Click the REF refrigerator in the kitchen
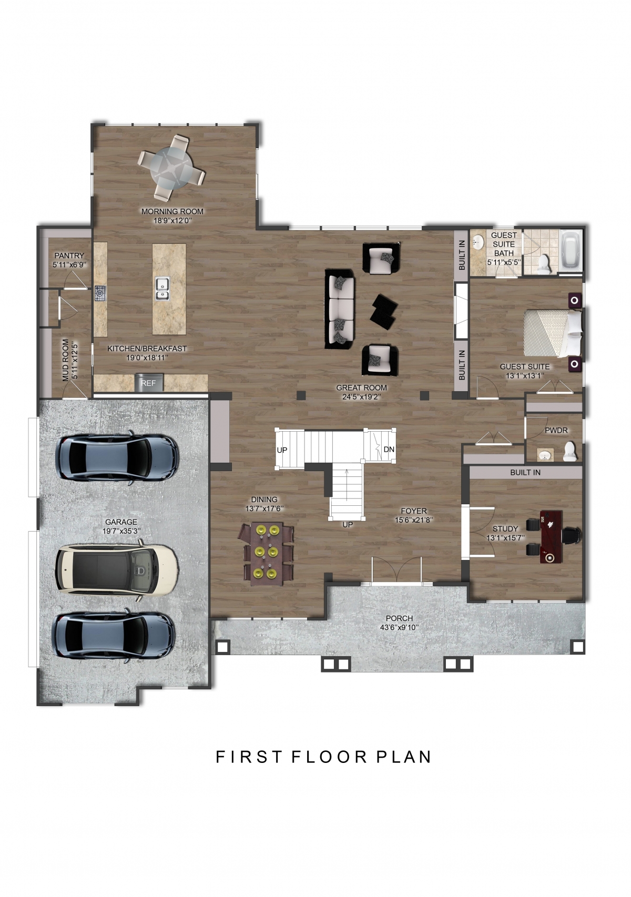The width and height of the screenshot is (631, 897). [149, 383]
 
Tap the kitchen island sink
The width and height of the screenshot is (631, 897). [162, 289]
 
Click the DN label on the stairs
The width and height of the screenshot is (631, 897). [389, 450]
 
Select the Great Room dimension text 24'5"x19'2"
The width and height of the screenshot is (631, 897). [361, 397]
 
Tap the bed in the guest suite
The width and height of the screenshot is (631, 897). [552, 332]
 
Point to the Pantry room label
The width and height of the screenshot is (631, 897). [69, 256]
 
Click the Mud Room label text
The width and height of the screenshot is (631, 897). [66, 360]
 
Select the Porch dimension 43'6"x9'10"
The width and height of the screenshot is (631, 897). [399, 627]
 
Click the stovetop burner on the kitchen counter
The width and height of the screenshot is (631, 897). [100, 293]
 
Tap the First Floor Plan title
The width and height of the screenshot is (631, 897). [323, 757]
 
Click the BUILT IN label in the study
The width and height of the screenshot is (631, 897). [525, 472]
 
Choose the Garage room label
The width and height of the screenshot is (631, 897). [121, 522]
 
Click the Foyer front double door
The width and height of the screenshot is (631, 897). [396, 572]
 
